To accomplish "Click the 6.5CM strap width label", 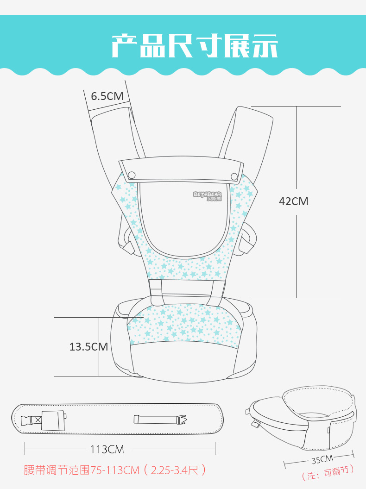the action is pyautogui.click(x=107, y=96).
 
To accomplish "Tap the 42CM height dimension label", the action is pyautogui.click(x=294, y=201).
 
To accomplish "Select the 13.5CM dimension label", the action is pyautogui.click(x=88, y=346).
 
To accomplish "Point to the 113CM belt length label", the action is pyautogui.click(x=107, y=449).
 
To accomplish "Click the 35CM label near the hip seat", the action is pyautogui.click(x=322, y=459).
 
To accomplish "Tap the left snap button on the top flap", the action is pyautogui.click(x=132, y=175).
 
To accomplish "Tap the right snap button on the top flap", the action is pyautogui.click(x=234, y=177).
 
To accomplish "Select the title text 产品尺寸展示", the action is pyautogui.click(x=195, y=46).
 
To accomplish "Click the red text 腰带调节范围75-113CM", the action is pyautogui.click(x=82, y=470).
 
